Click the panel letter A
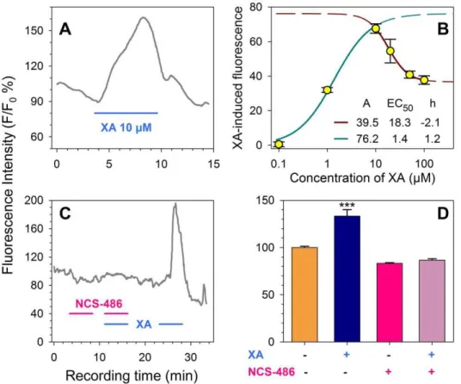pyautogui.click(x=65, y=29)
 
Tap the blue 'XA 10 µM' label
pyautogui.click(x=126, y=127)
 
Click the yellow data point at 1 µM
pyautogui.click(x=327, y=90)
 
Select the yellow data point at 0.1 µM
pyautogui.click(x=279, y=144)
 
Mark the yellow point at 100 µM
pyautogui.click(x=424, y=80)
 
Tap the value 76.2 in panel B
pyautogui.click(x=367, y=139)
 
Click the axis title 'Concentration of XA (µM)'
pyautogui.click(x=362, y=178)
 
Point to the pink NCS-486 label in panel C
pyautogui.click(x=99, y=303)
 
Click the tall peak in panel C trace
pyautogui.click(x=175, y=203)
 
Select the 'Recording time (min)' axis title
pyautogui.click(x=132, y=375)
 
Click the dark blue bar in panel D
pyautogui.click(x=347, y=279)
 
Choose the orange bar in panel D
pyautogui.click(x=304, y=294)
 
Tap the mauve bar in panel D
pyautogui.click(x=432, y=300)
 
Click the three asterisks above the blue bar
pyautogui.click(x=347, y=206)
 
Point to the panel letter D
pyautogui.click(x=443, y=214)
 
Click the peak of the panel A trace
pyautogui.click(x=143, y=17)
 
